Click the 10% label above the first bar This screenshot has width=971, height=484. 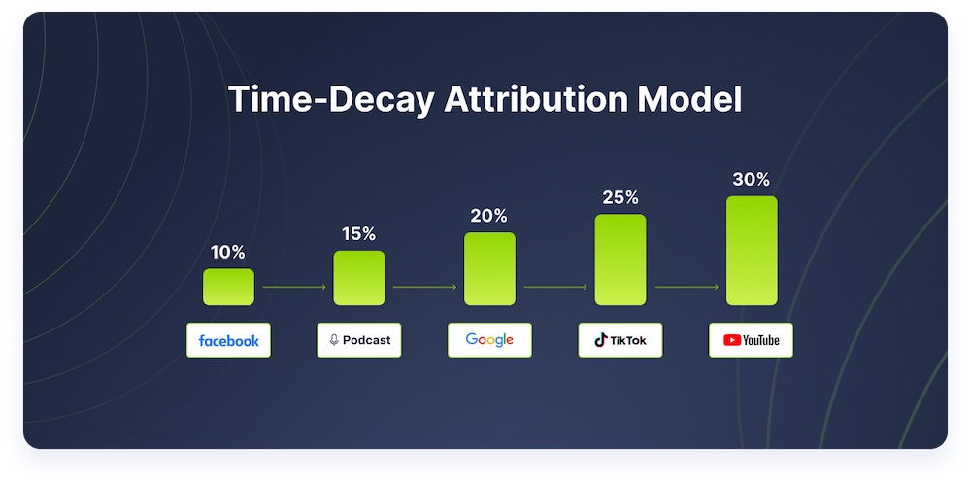point(228,253)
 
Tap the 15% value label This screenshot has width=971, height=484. point(359,234)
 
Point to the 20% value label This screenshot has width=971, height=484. point(489,216)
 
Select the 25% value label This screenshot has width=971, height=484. point(620,197)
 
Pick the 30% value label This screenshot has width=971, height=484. point(752,180)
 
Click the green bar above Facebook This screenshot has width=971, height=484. point(228,287)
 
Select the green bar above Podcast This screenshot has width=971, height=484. point(359,278)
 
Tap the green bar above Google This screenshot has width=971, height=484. point(489,269)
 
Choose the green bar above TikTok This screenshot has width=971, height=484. point(620,259)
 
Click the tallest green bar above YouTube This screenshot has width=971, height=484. point(752,251)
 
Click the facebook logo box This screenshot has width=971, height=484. point(228,340)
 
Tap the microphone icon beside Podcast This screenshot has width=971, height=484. point(334,340)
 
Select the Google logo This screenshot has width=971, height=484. point(489,339)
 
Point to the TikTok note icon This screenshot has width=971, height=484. point(601,340)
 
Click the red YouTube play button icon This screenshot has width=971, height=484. point(732,340)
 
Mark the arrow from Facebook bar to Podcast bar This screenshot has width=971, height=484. point(294,287)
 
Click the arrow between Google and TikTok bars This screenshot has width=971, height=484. point(555,287)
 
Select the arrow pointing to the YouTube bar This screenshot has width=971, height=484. point(686,287)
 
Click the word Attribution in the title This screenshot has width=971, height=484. point(535,99)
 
